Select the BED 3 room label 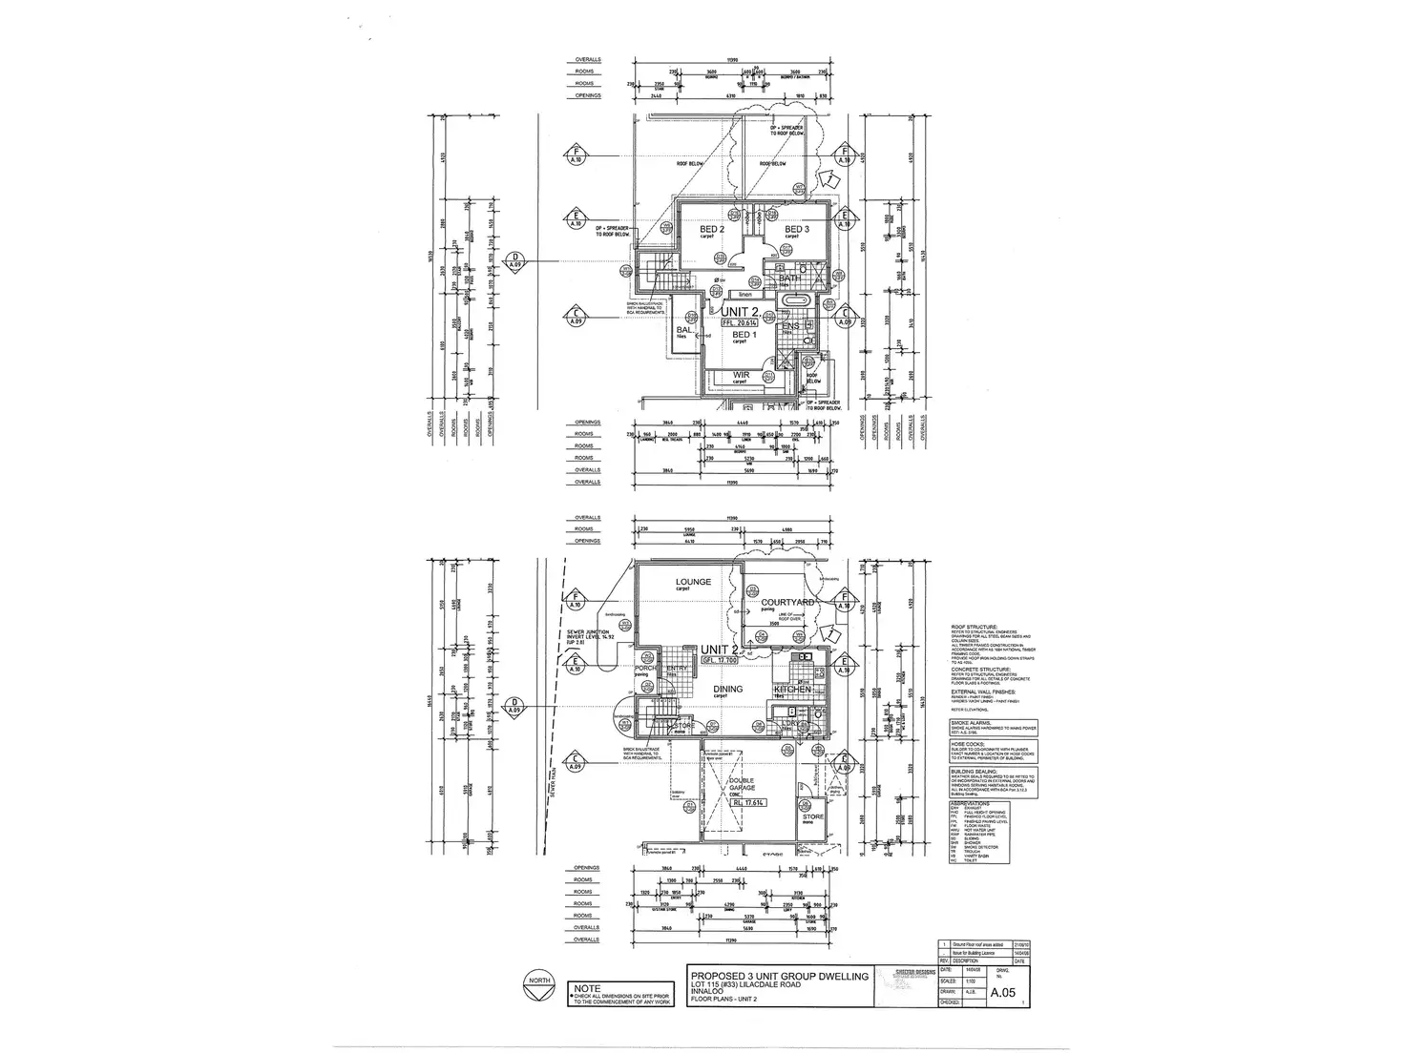pos(797,230)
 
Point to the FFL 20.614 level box pos(741,323)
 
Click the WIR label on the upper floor pos(740,375)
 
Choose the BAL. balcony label pos(684,331)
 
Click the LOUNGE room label pos(693,582)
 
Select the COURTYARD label pos(787,603)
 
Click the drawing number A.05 pos(1002,993)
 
